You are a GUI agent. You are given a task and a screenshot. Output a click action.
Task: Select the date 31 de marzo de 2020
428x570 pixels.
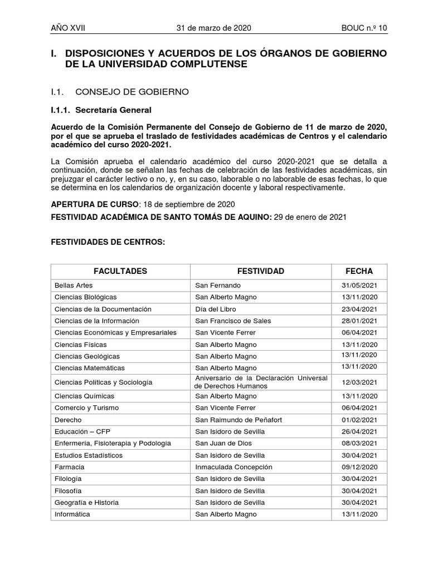click(x=214, y=28)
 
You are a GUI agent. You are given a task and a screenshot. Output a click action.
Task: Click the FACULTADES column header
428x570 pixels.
click(x=120, y=271)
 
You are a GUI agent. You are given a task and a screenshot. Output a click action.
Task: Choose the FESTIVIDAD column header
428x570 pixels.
click(x=261, y=271)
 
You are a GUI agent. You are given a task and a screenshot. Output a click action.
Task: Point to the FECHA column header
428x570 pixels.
click(x=359, y=271)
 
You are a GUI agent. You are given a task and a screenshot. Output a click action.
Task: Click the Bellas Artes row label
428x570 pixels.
click(x=74, y=285)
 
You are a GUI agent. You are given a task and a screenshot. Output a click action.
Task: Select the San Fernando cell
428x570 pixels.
click(x=218, y=285)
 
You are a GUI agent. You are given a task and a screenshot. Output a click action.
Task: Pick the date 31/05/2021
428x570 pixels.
click(x=359, y=285)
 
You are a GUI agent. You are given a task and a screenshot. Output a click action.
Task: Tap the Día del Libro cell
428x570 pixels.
click(x=216, y=309)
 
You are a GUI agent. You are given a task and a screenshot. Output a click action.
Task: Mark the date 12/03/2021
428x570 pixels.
click(x=359, y=382)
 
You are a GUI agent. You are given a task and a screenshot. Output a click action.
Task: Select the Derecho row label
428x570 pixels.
click(x=68, y=420)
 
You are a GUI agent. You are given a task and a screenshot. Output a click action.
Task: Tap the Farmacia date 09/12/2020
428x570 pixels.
click(x=359, y=467)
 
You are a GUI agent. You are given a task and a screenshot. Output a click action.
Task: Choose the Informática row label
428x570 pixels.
click(x=72, y=514)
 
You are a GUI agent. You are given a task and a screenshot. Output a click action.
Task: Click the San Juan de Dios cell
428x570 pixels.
click(x=223, y=443)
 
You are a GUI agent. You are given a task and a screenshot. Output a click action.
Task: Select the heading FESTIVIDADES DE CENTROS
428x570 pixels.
click(x=108, y=243)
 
